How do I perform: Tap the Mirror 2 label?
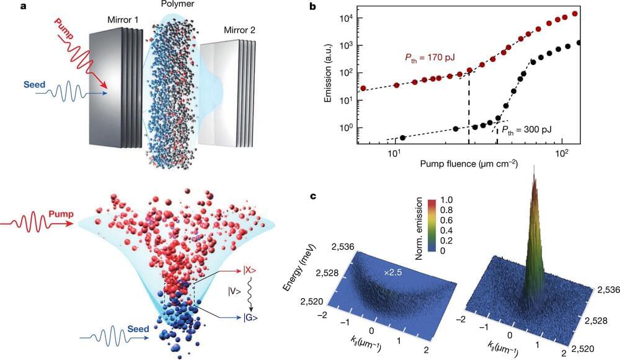(x=230, y=30)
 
